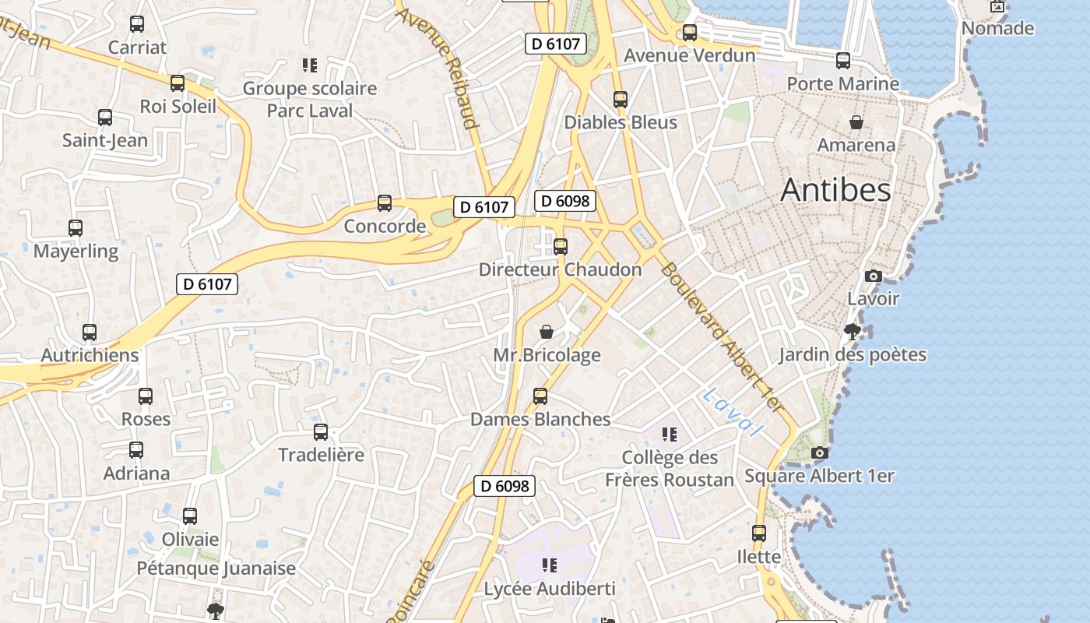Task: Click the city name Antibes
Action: (x=835, y=189)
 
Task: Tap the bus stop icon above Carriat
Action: (x=137, y=24)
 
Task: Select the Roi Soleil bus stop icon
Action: (x=178, y=83)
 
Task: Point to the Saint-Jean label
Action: (x=105, y=141)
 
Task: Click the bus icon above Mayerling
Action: (x=76, y=228)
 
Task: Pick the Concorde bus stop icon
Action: (x=385, y=203)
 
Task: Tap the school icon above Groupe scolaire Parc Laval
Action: (x=310, y=65)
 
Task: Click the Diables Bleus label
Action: (x=621, y=122)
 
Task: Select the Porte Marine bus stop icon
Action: (x=843, y=61)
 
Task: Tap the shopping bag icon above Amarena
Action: (x=856, y=122)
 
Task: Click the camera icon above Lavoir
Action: (x=874, y=276)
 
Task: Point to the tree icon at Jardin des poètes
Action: (x=853, y=332)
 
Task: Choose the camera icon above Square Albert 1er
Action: (x=819, y=452)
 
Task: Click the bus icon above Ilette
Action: (x=759, y=533)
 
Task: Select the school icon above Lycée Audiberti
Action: (x=550, y=565)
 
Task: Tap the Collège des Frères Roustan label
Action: (x=670, y=469)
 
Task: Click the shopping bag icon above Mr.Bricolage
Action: (x=547, y=333)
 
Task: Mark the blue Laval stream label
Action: (x=732, y=411)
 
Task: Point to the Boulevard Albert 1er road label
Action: (x=720, y=336)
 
